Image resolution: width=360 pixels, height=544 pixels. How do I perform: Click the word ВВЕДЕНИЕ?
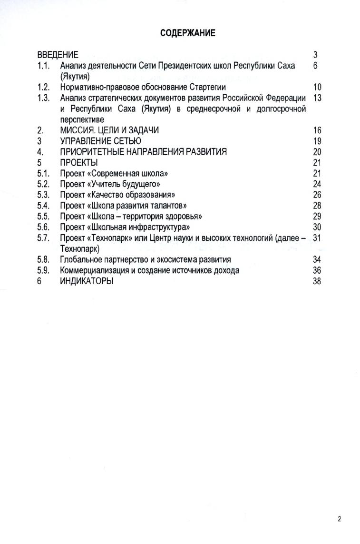click(58, 55)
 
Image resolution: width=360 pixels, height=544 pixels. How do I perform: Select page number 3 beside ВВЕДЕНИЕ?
click(315, 55)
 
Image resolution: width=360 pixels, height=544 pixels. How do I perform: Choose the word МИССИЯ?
click(78, 130)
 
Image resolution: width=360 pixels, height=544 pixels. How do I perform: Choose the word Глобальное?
click(82, 260)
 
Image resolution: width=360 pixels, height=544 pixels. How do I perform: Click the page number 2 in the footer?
click(340, 519)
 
